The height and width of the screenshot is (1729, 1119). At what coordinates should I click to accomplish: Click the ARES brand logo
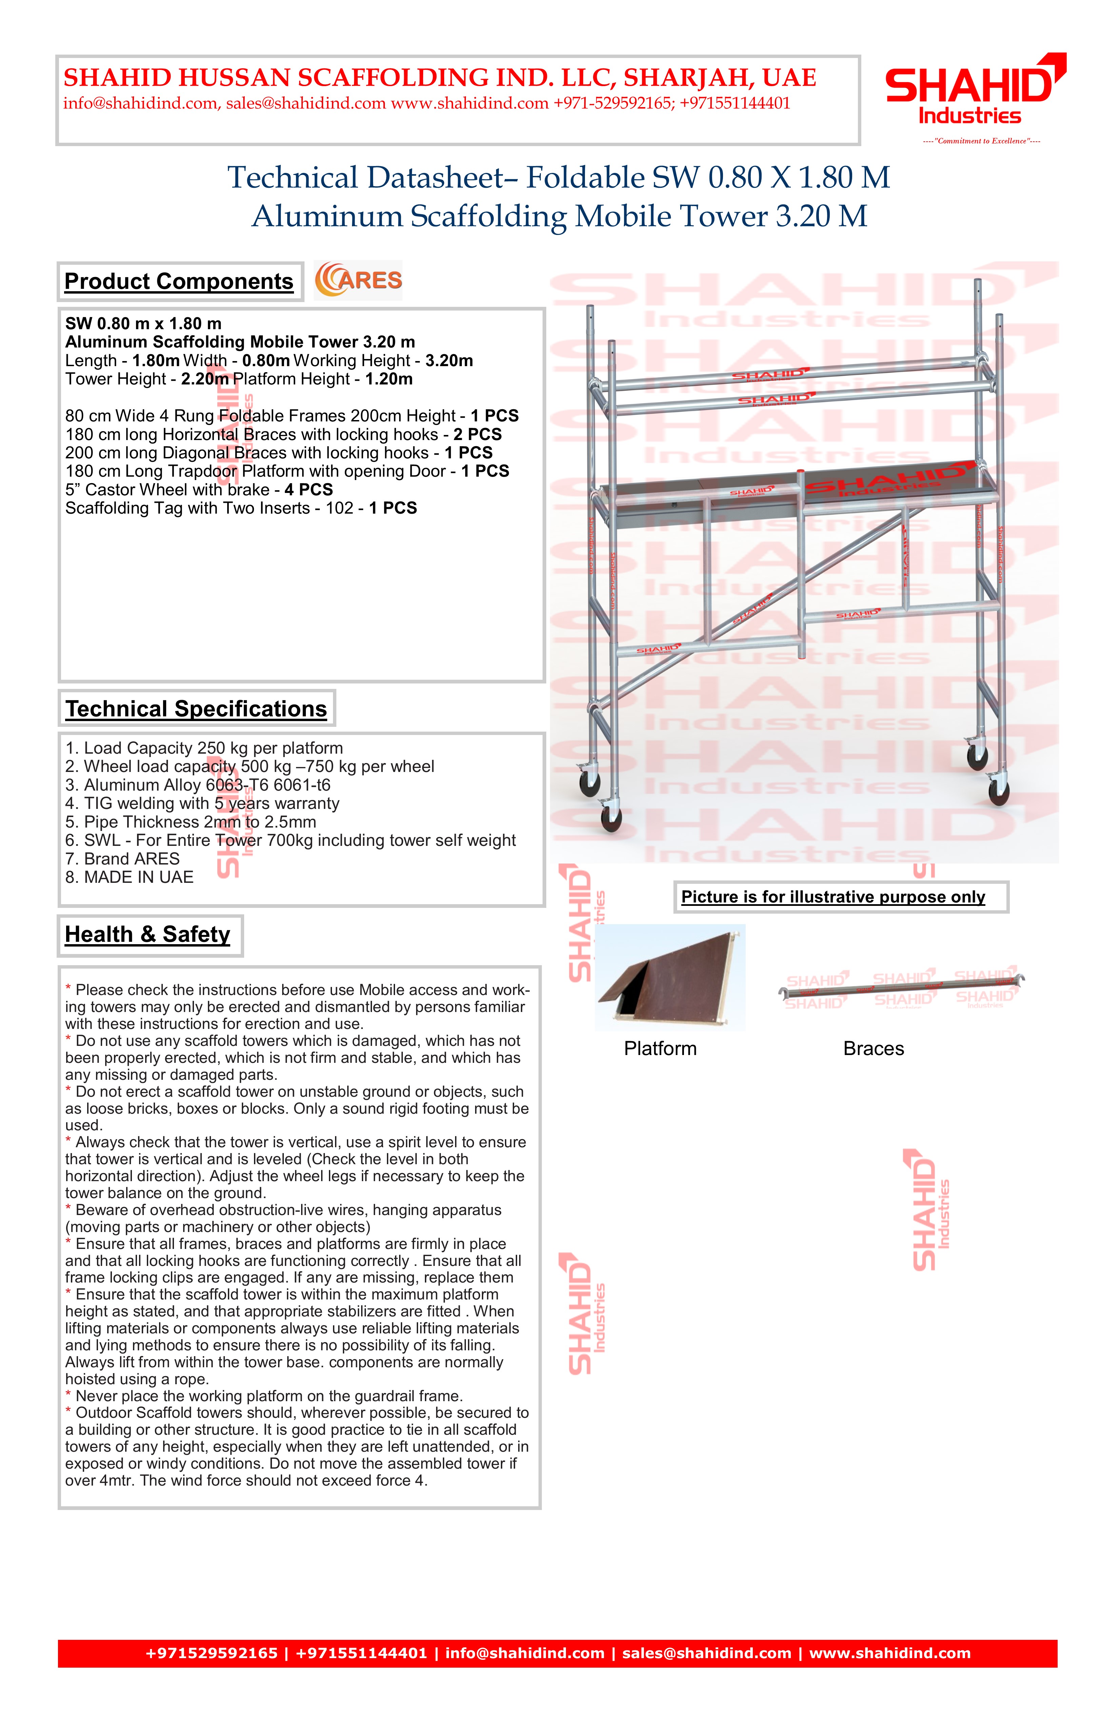(358, 280)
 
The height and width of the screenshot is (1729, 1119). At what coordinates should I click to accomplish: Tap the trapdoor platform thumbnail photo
(669, 977)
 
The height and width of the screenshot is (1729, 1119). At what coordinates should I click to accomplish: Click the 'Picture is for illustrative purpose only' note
(833, 897)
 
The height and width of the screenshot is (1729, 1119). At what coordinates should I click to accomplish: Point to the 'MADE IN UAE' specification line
(129, 878)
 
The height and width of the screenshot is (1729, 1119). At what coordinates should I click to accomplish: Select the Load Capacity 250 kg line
(204, 748)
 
